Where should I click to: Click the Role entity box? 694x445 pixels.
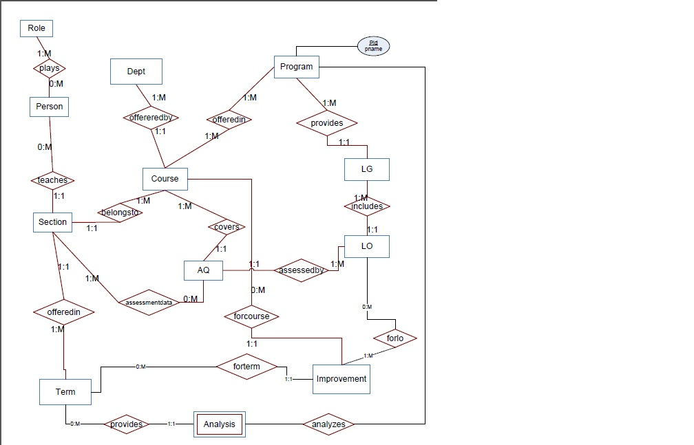click(36, 28)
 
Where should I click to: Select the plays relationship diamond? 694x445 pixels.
click(49, 68)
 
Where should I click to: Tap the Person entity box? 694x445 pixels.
click(50, 107)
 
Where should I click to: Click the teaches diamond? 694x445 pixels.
click(53, 180)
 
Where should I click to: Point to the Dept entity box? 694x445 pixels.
click(136, 72)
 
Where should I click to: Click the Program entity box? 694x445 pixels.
click(297, 67)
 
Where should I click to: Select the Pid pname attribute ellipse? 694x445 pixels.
click(374, 46)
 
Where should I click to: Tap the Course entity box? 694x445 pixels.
click(165, 179)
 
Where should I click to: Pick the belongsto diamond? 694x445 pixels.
click(121, 213)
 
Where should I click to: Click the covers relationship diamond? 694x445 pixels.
click(227, 227)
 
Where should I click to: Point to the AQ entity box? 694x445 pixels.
click(204, 270)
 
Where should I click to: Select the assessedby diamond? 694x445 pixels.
click(301, 270)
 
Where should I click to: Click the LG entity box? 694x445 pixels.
click(367, 169)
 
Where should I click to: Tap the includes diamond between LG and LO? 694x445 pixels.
click(367, 206)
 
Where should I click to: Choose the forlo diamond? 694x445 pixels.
click(395, 338)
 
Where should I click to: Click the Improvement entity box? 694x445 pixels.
click(341, 378)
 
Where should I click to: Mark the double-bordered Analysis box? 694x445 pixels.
click(220, 424)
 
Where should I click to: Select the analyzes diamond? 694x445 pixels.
click(329, 424)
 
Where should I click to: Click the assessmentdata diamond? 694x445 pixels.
click(149, 302)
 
